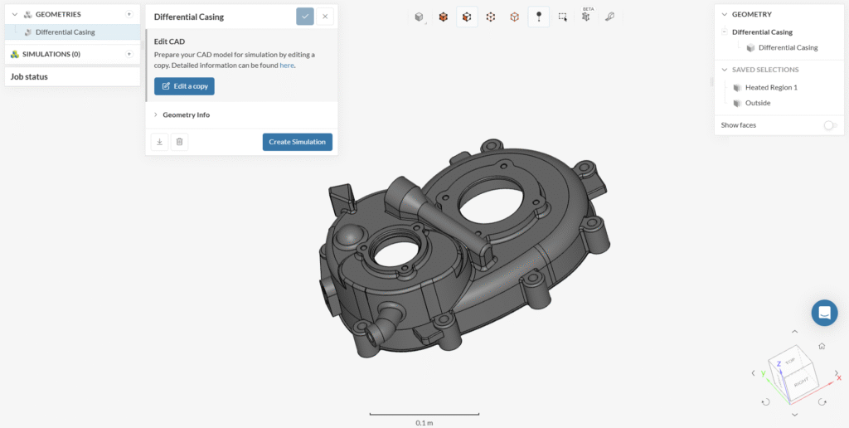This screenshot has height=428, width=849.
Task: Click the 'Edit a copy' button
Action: [x=184, y=86]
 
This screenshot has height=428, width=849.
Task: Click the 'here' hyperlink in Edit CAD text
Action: [x=286, y=66]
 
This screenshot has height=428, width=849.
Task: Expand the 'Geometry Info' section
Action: [x=186, y=114]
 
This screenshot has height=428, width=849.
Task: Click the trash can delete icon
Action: [x=179, y=142]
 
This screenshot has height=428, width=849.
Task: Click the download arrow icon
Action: [x=159, y=142]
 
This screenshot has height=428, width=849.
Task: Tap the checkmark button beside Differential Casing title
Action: [x=305, y=17]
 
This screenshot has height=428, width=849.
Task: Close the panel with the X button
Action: [x=325, y=17]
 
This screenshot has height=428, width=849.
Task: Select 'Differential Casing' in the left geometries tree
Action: [x=65, y=32]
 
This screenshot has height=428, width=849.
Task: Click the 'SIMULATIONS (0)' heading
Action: [x=51, y=54]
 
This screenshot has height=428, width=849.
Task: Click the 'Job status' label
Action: [x=29, y=76]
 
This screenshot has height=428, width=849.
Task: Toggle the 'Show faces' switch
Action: [x=829, y=125]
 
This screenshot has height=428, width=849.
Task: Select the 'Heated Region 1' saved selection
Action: [x=771, y=87]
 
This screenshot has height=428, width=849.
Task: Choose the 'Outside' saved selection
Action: [x=758, y=103]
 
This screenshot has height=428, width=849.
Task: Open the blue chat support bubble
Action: [x=824, y=313]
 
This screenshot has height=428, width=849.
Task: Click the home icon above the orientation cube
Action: [x=821, y=346]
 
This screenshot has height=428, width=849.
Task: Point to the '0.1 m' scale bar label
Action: [x=424, y=422]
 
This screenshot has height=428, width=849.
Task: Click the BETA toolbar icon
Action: [x=586, y=17]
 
